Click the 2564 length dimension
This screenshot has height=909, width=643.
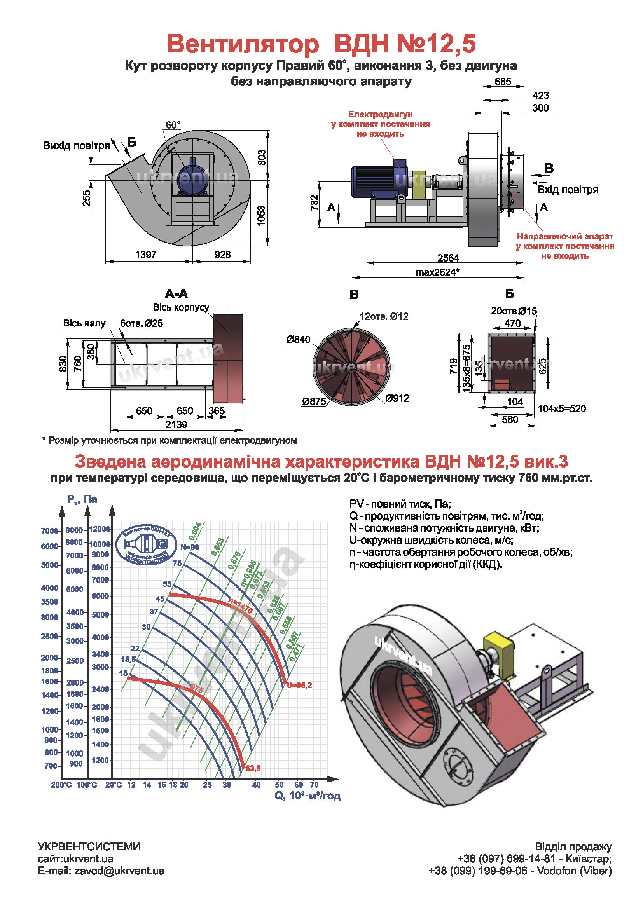(x=448, y=258)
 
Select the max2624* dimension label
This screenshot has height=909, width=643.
(x=437, y=272)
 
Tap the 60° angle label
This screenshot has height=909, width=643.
(x=173, y=125)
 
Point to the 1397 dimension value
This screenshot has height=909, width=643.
(x=146, y=255)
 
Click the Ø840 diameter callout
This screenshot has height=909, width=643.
(x=299, y=339)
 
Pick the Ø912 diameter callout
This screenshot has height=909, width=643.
(x=397, y=398)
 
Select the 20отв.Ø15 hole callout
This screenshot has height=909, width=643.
(x=514, y=311)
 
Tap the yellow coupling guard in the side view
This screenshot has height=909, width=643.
(x=419, y=185)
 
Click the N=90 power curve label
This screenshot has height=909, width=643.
(x=190, y=547)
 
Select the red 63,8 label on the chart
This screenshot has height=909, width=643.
(x=253, y=768)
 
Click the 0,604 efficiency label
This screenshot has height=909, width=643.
(x=195, y=531)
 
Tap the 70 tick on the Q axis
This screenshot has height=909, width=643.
(x=314, y=785)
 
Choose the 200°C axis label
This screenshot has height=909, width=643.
(x=61, y=785)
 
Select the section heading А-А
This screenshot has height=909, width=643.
(x=176, y=294)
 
